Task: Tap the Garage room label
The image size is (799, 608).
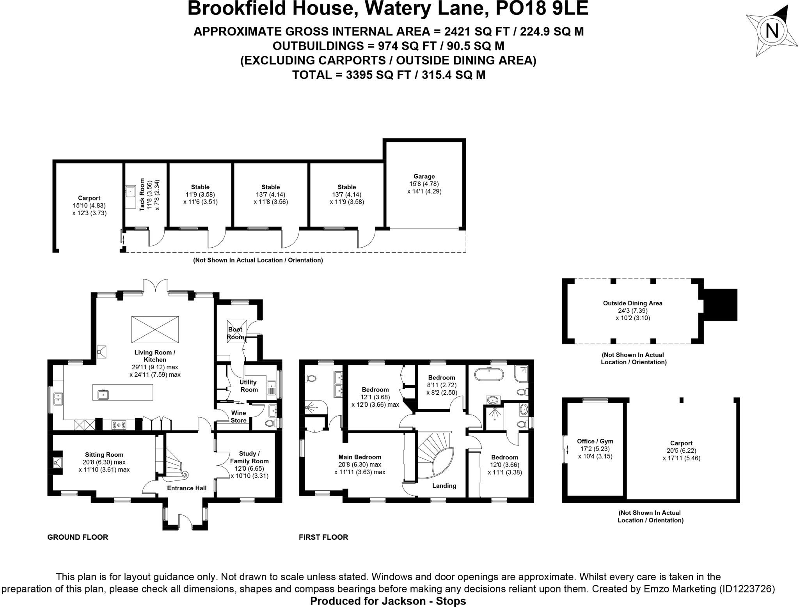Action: coord(424,176)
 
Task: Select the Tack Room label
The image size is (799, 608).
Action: coord(142,195)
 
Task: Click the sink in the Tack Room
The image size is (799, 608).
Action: coord(130,191)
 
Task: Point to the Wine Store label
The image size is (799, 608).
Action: coord(238,417)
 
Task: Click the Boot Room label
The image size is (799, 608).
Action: coord(236,333)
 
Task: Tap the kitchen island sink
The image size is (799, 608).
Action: coord(103,394)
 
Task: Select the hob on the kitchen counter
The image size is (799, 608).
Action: coord(119,425)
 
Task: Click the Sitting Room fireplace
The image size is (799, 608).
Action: coord(57,463)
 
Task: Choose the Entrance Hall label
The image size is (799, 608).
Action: coord(186,488)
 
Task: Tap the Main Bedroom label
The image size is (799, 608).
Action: coord(359,457)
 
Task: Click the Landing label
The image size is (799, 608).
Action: coord(444,486)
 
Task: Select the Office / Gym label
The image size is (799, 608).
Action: coord(595,441)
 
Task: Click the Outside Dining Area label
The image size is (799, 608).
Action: coord(632,303)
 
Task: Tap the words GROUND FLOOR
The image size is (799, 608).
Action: coord(78,537)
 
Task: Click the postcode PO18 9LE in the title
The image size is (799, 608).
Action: coord(542,9)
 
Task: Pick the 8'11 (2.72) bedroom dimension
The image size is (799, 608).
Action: coord(442,385)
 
